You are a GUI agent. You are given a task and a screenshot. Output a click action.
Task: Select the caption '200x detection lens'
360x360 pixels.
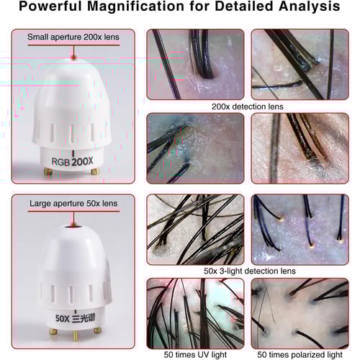pyautogui.click(x=248, y=107)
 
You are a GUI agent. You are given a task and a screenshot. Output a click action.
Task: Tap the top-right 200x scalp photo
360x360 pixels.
pyautogui.click(x=300, y=64)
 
